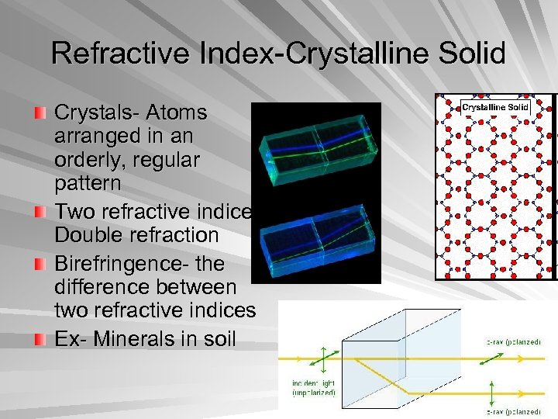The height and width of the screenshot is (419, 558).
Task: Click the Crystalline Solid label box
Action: coord(495,107)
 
